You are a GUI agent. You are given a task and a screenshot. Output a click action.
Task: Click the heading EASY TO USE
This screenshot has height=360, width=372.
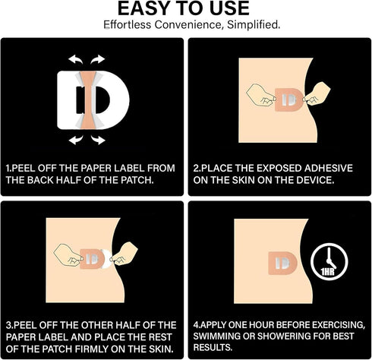184,8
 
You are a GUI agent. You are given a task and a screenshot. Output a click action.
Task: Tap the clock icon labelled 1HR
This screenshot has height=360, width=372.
329,262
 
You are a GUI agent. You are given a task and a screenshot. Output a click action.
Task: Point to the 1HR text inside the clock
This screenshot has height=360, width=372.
328,272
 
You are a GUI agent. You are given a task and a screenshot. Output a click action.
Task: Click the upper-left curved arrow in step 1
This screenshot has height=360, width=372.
75,59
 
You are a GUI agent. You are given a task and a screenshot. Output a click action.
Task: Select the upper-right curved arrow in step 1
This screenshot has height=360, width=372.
98,59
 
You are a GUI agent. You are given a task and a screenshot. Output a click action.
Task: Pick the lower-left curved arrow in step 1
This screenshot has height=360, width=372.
76,140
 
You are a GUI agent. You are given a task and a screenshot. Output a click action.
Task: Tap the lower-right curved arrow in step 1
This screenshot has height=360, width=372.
98,140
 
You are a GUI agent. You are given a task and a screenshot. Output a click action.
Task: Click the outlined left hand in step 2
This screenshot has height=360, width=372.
260,94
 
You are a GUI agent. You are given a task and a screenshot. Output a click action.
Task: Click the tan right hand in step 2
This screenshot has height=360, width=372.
317,93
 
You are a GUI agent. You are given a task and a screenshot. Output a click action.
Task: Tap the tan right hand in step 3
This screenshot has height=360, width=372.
125,254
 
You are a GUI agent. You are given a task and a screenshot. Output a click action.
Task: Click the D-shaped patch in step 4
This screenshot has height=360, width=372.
282,264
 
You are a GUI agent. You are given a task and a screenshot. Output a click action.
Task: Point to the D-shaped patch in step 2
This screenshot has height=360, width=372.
289,100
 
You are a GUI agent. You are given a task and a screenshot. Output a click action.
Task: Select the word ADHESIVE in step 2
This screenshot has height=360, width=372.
329,168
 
